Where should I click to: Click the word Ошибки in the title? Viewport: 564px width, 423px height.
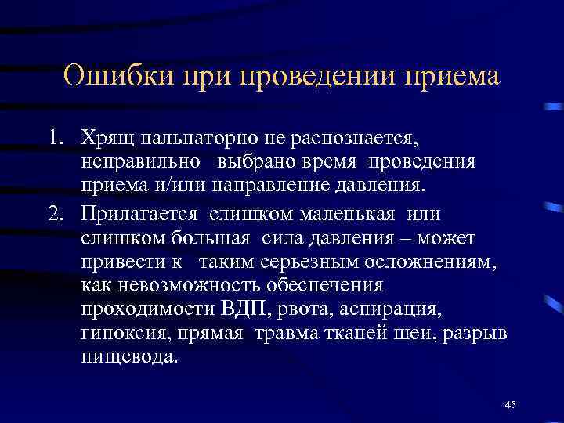118,78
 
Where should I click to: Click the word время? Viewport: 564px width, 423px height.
313,164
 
